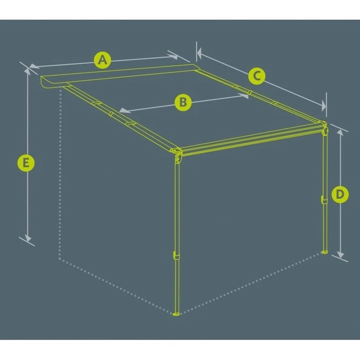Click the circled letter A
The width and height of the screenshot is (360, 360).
[x=103, y=60]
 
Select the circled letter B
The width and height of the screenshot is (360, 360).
[x=183, y=102]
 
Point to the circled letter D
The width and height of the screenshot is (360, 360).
[x=339, y=194]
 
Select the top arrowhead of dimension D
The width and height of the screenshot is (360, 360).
[x=340, y=130]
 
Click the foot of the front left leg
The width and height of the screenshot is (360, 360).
[x=176, y=313]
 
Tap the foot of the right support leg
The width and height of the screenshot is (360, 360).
[x=324, y=251]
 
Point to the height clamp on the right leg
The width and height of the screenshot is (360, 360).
[x=323, y=199]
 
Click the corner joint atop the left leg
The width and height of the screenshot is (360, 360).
[x=177, y=153]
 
